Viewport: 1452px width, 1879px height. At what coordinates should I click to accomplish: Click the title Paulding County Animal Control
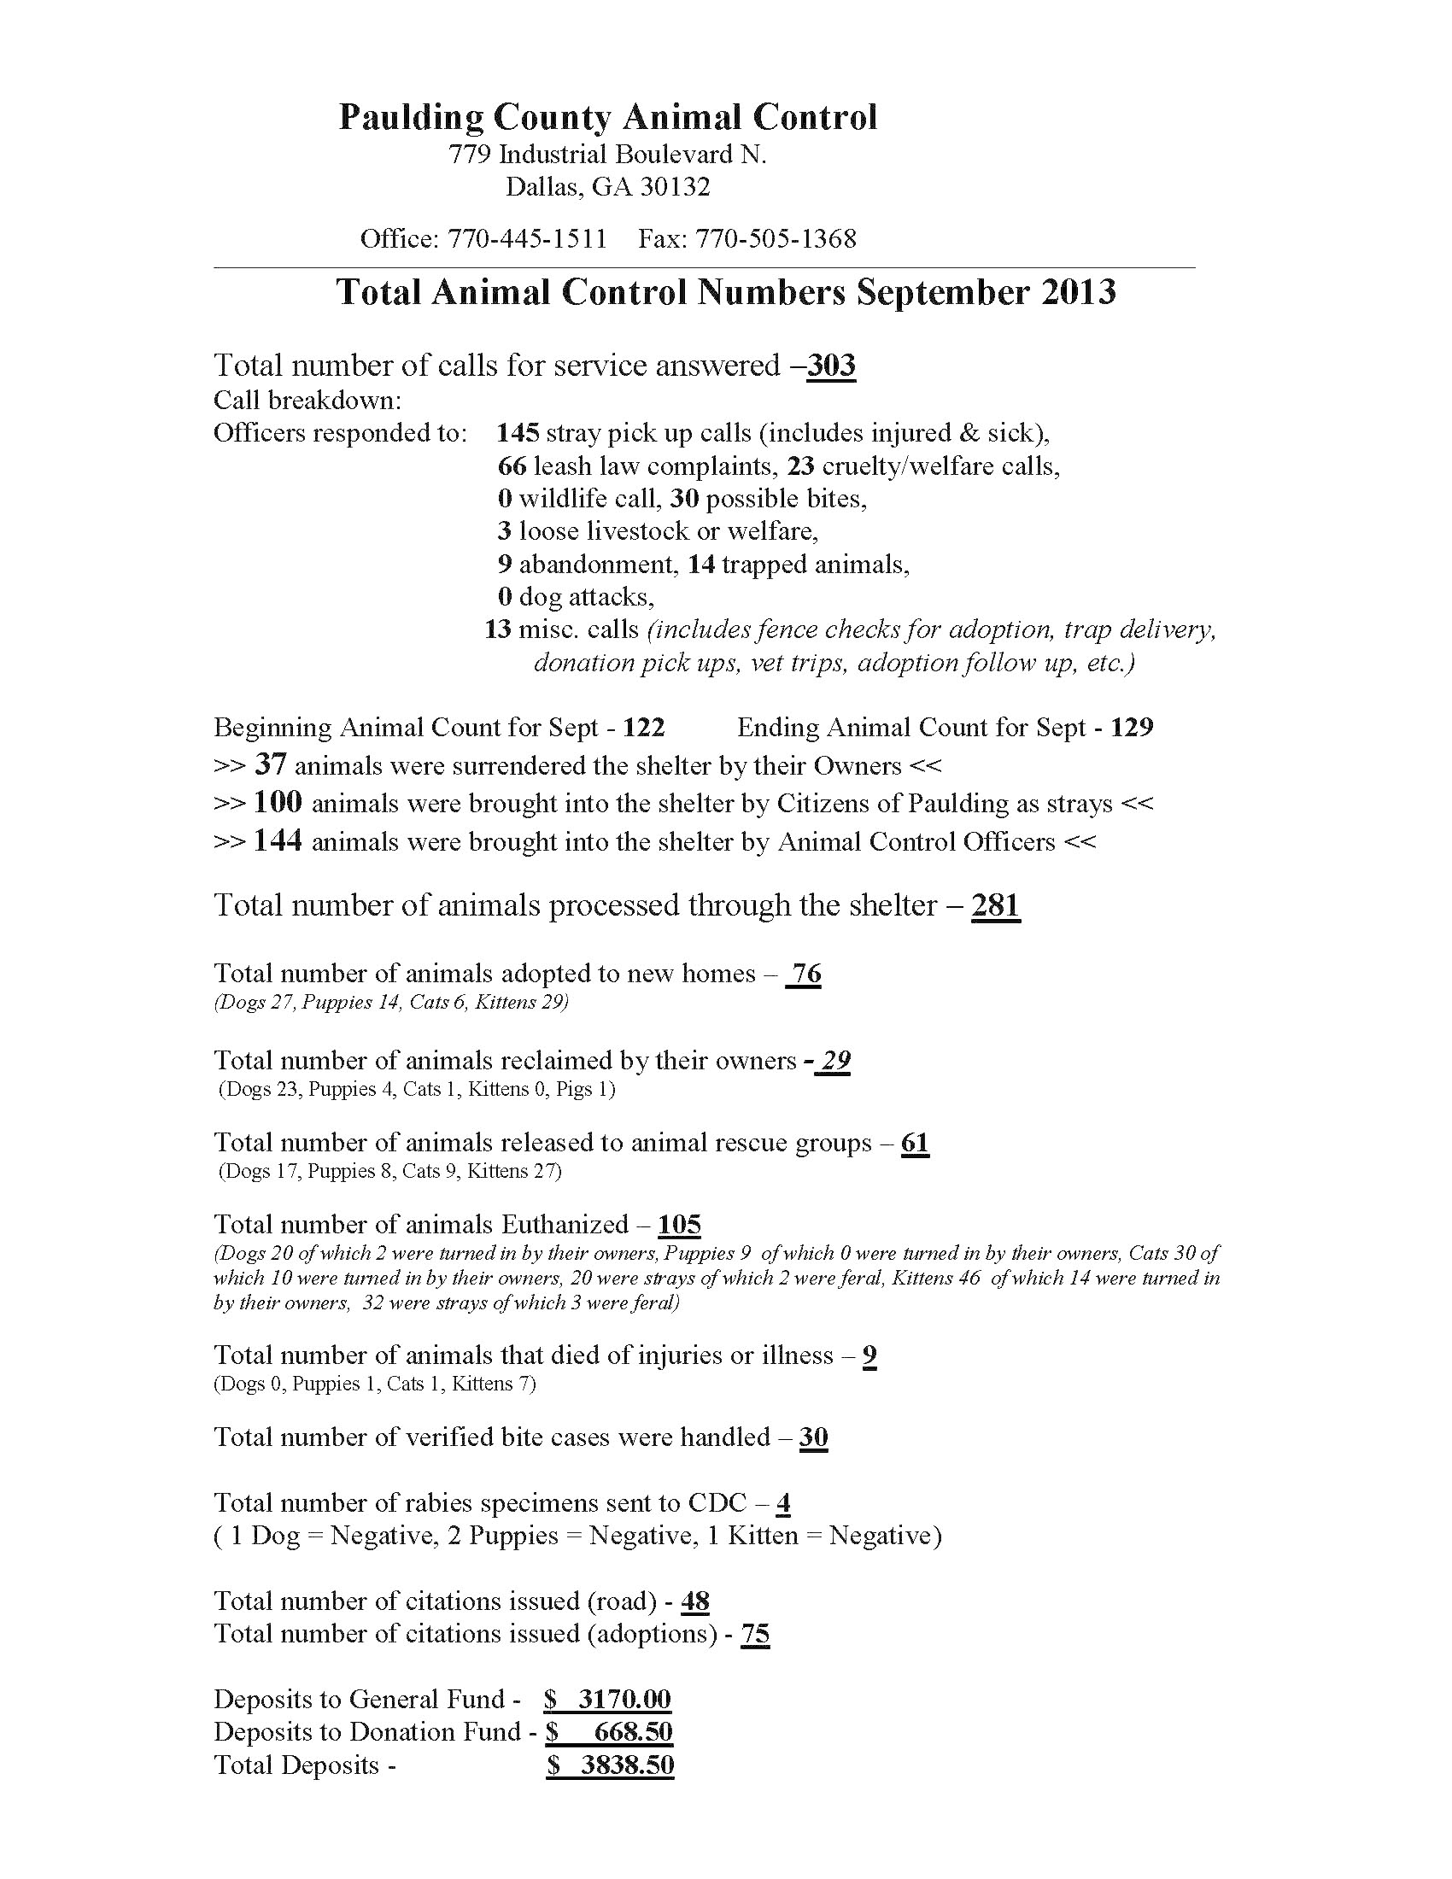pyautogui.click(x=607, y=117)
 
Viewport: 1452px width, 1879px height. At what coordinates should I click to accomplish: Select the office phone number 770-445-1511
pyautogui.click(x=526, y=238)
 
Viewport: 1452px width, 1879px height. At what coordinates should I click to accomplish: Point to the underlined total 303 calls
pyautogui.click(x=831, y=366)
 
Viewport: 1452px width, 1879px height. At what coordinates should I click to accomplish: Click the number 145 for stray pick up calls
pyautogui.click(x=518, y=432)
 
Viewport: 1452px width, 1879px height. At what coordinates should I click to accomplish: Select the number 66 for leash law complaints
pyautogui.click(x=512, y=465)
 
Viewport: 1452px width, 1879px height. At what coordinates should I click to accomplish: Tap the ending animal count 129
pyautogui.click(x=1131, y=728)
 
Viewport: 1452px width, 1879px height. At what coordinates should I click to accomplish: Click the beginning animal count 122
pyautogui.click(x=643, y=728)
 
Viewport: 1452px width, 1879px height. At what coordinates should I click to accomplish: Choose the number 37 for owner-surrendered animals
pyautogui.click(x=270, y=765)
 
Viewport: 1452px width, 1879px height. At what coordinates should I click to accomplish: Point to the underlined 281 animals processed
pyautogui.click(x=995, y=905)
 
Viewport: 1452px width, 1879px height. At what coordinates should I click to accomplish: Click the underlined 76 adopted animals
pyautogui.click(x=805, y=974)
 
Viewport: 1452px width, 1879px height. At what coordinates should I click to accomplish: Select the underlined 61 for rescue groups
pyautogui.click(x=916, y=1143)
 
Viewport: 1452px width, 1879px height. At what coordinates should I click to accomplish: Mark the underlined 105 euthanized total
pyautogui.click(x=680, y=1224)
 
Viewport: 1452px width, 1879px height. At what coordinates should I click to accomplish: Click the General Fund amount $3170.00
pyautogui.click(x=608, y=1699)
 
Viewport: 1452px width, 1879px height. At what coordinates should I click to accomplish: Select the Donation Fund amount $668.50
pyautogui.click(x=610, y=1732)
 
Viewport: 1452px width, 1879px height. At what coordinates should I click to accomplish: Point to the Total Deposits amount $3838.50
pyautogui.click(x=610, y=1765)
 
